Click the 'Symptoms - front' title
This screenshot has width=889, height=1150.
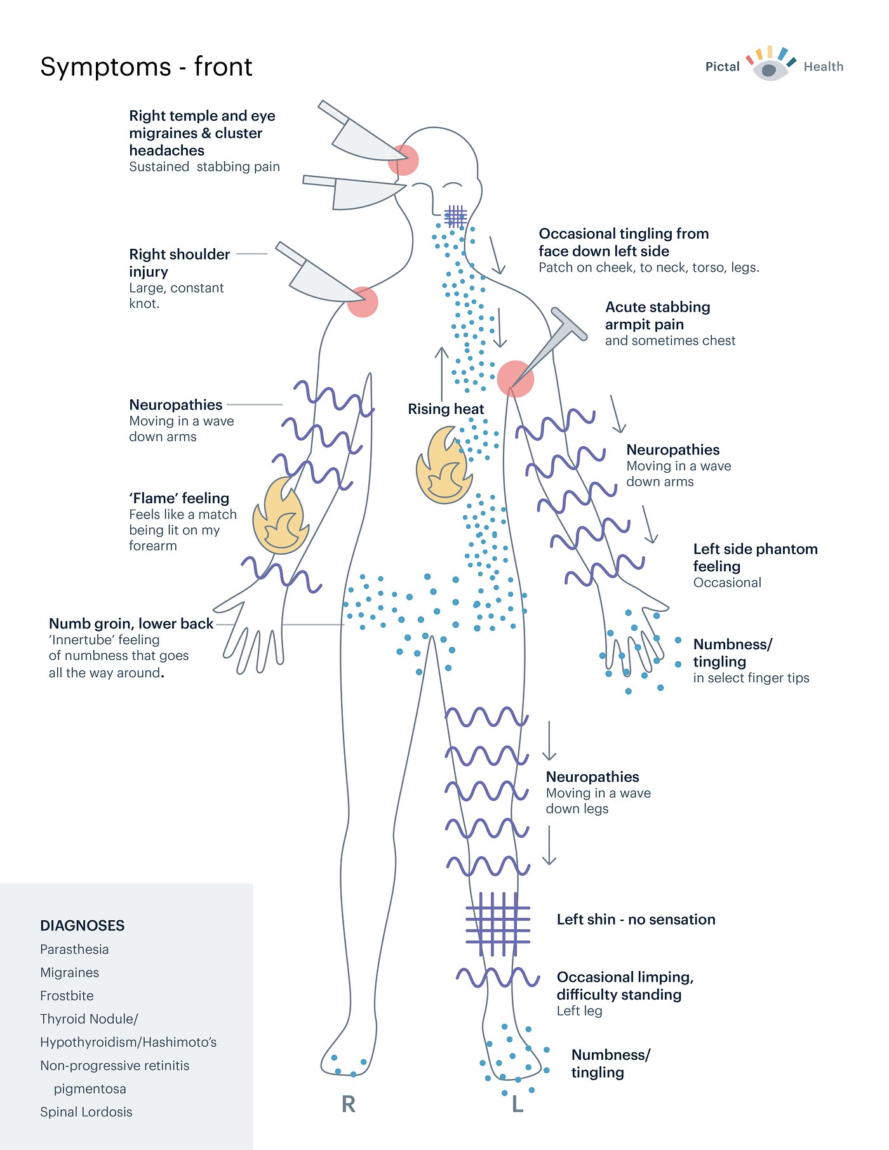[x=146, y=67]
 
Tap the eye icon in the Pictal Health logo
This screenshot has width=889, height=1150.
[x=770, y=69]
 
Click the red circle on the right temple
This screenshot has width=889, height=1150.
[x=403, y=160]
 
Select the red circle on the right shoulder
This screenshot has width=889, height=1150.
[x=363, y=302]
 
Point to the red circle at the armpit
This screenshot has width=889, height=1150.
[x=515, y=379]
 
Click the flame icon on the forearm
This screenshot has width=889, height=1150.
[x=280, y=516]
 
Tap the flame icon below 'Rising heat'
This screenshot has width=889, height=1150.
[x=443, y=466]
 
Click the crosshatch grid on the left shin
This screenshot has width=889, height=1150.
[x=498, y=923]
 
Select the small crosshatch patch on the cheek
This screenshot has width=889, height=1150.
[x=455, y=216]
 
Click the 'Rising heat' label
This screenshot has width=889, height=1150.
[x=446, y=409]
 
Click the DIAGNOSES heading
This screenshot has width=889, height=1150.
[x=83, y=925]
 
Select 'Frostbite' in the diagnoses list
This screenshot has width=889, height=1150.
[x=67, y=996]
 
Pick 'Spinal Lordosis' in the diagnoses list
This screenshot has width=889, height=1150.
[x=86, y=1112]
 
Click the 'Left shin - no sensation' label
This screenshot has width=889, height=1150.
[x=636, y=920]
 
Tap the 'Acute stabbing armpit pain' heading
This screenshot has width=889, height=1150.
[x=657, y=315]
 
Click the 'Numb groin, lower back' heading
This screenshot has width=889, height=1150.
[x=131, y=624]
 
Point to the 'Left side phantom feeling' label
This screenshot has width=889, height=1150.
[x=755, y=557]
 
